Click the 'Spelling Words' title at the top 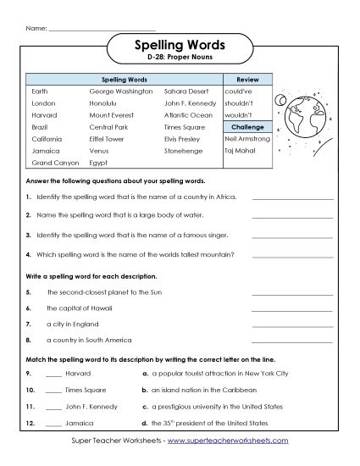180,46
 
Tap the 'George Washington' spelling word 121,90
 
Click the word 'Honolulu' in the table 104,102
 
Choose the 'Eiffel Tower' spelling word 107,137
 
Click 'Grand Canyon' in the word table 53,161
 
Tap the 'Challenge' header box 246,125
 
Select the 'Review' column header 246,78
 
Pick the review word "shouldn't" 240,102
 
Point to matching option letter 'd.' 145,422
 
